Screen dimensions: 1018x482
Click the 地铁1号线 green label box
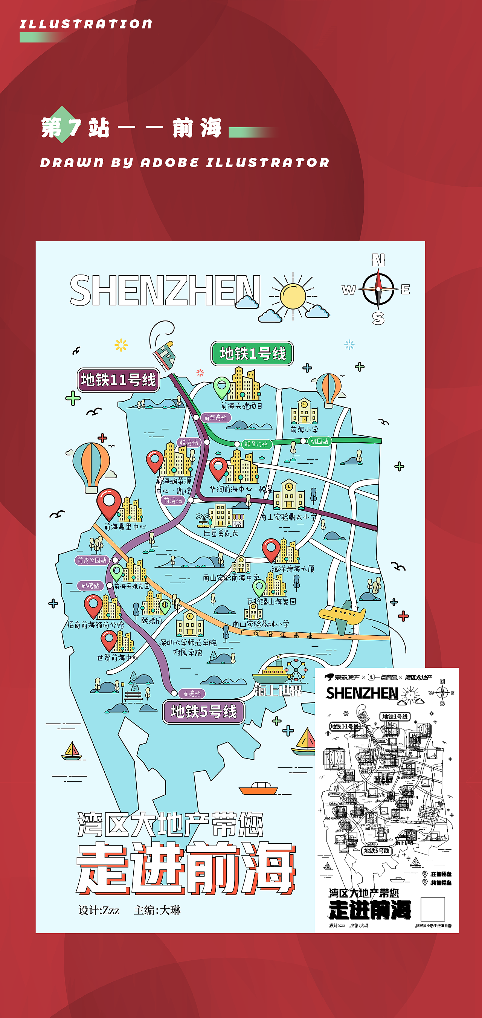coord(252,353)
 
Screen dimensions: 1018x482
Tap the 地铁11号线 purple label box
coord(118,380)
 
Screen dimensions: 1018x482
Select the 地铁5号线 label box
coord(203,711)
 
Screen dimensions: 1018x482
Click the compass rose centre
coord(378,289)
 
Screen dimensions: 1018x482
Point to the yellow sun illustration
coord(293,296)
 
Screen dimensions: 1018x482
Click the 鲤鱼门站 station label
coord(256,444)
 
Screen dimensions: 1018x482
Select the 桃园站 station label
coord(319,441)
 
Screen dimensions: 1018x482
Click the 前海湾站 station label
coord(216,417)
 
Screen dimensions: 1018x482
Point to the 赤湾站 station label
coord(192,694)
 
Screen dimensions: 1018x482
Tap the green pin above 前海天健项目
coord(222,387)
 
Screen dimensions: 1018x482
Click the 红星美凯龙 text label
coord(221,533)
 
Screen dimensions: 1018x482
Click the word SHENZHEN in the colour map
coord(165,290)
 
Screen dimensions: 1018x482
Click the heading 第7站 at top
coord(75,128)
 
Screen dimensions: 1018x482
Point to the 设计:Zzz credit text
coord(99,910)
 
